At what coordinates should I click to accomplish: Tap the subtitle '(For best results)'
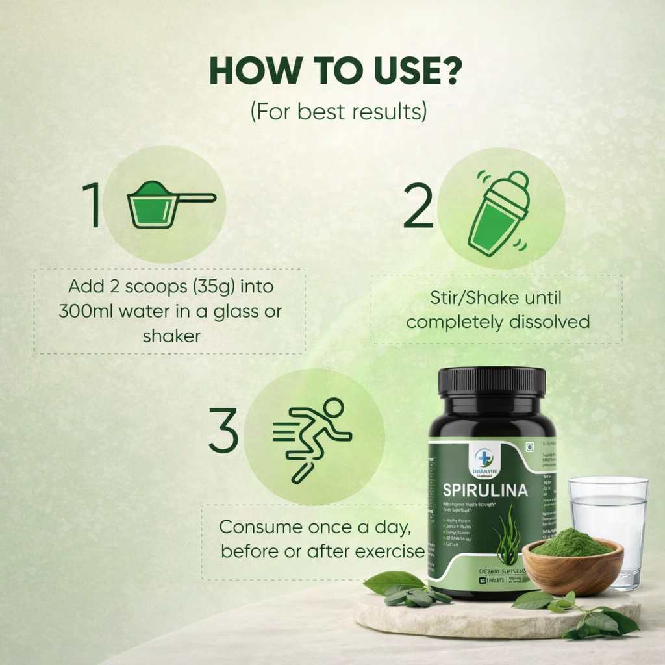[x=338, y=110]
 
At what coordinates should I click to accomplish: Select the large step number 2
[x=418, y=206]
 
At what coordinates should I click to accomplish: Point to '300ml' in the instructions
[x=84, y=311]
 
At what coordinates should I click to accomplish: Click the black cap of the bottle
[x=492, y=381]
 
